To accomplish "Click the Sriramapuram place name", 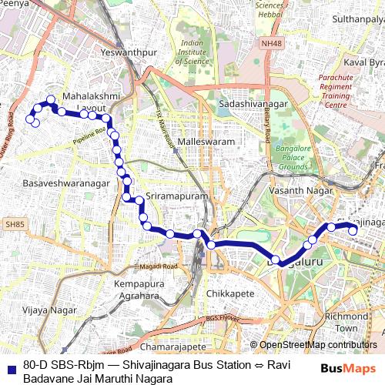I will point(177,197).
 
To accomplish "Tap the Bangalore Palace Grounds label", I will point(293,156).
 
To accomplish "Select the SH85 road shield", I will point(14,224).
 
